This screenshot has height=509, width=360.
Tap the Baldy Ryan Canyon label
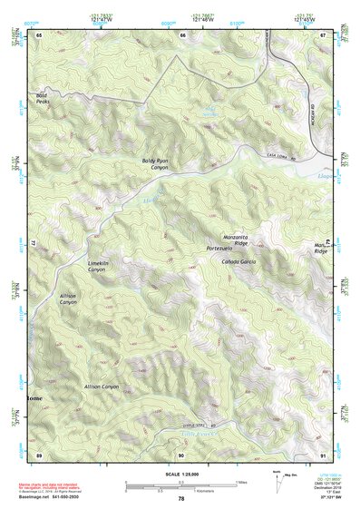[x=155, y=163]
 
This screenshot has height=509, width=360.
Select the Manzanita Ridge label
[x=234, y=239]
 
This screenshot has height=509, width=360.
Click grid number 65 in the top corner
[x=38, y=34]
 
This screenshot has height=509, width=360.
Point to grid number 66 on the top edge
[x=181, y=34]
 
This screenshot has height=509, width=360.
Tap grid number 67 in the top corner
[x=324, y=34]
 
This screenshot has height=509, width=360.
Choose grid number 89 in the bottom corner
[x=38, y=455]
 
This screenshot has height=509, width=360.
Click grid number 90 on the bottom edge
[x=181, y=455]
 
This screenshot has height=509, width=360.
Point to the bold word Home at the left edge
[x=34, y=397]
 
